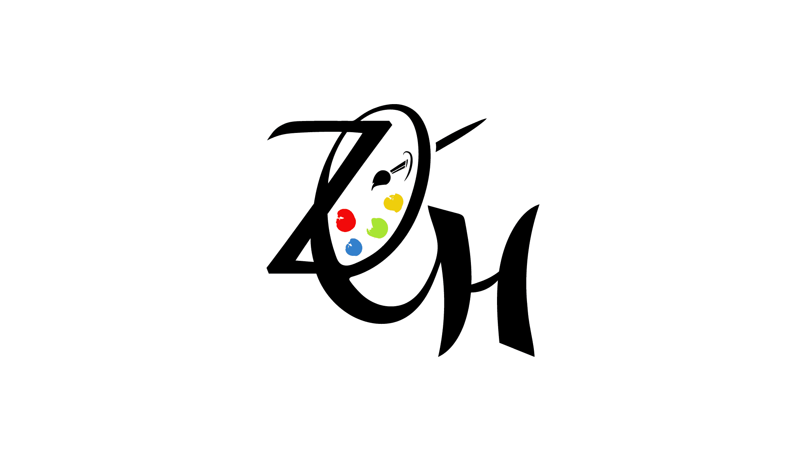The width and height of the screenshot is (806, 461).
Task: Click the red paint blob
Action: pos(346,221)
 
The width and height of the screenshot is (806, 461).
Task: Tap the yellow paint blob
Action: pos(394,202)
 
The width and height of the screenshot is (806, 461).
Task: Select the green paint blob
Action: pos(378,228)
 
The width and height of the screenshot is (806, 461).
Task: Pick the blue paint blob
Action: pos(354,247)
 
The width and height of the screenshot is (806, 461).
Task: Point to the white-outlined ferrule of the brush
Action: pos(398,168)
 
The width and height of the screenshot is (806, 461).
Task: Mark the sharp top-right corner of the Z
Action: pos(391,123)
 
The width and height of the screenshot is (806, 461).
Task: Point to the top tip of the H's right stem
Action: pos(537,207)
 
